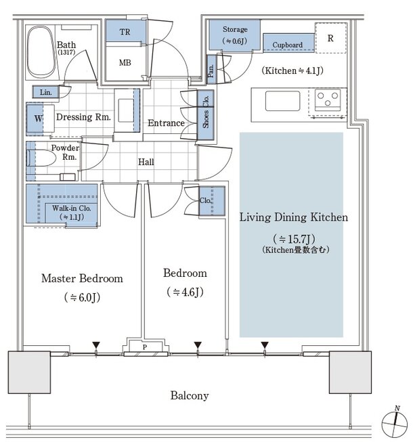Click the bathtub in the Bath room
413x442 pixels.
pos(41,52)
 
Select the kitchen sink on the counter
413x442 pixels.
pos(282,101)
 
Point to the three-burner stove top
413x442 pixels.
pos(327,100)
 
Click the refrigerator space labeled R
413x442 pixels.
pos(330,38)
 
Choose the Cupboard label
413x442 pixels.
pos(287,45)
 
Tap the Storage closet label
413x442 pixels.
pos(235,29)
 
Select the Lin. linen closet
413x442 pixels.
pos(45,92)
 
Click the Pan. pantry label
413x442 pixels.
pos(211,70)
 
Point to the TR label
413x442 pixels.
pos(125,32)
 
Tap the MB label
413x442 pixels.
pos(125,62)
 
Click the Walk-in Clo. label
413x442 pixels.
pos(72,208)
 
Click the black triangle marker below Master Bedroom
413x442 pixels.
pos(96,345)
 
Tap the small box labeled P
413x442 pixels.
pos(145,347)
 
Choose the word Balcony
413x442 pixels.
pos(190,395)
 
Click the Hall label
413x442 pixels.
pos(146,162)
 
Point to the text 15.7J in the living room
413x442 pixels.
pos(299,239)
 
